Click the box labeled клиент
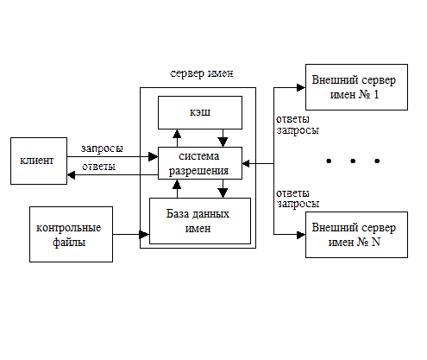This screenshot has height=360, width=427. click(x=39, y=161)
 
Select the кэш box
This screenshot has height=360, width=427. click(x=200, y=112)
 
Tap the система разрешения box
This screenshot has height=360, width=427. click(x=200, y=163)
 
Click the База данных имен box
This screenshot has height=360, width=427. click(x=200, y=221)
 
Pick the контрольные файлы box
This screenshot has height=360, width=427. click(x=71, y=234)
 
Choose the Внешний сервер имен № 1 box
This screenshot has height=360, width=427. click(x=356, y=87)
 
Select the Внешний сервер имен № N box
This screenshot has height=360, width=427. click(x=356, y=235)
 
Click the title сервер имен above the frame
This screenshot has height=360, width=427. click(x=202, y=73)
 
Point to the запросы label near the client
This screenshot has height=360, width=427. click(x=102, y=148)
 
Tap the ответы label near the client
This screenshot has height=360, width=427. click(x=99, y=167)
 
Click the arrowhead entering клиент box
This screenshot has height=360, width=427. click(x=71, y=174)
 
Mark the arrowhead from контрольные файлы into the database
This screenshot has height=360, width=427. click(x=144, y=234)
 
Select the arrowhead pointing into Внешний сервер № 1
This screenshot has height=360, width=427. click(x=301, y=87)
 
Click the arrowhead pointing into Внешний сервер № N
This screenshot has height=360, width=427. click(x=301, y=235)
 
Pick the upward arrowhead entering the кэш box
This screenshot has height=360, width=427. click(x=177, y=134)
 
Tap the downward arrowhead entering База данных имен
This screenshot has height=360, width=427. click(x=223, y=193)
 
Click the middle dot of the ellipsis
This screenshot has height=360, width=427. click(x=353, y=161)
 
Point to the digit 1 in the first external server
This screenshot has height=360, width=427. click(x=376, y=95)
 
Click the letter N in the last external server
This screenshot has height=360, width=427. click(x=376, y=242)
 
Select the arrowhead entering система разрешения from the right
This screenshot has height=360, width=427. click(x=246, y=163)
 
